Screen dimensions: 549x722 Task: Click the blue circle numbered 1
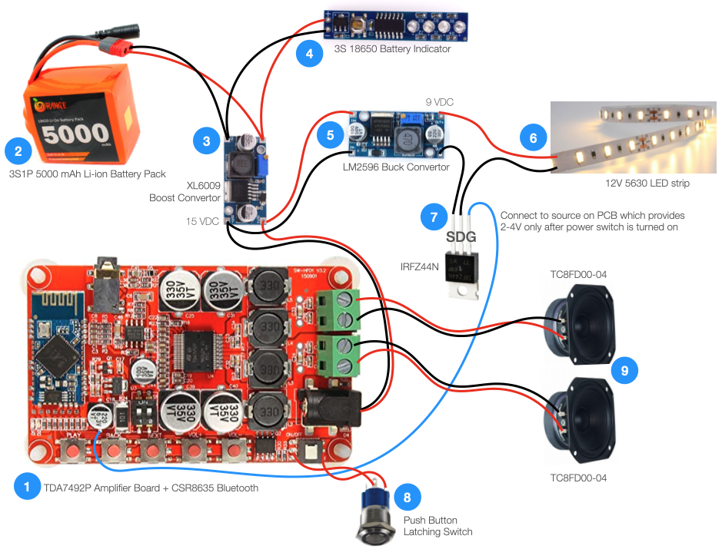click(27, 487)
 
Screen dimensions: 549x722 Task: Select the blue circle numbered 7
click(434, 218)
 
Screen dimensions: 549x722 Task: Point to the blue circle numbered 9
click(624, 371)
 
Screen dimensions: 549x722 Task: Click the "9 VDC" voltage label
click(441, 101)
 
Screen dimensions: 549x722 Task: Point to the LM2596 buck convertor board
click(397, 134)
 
